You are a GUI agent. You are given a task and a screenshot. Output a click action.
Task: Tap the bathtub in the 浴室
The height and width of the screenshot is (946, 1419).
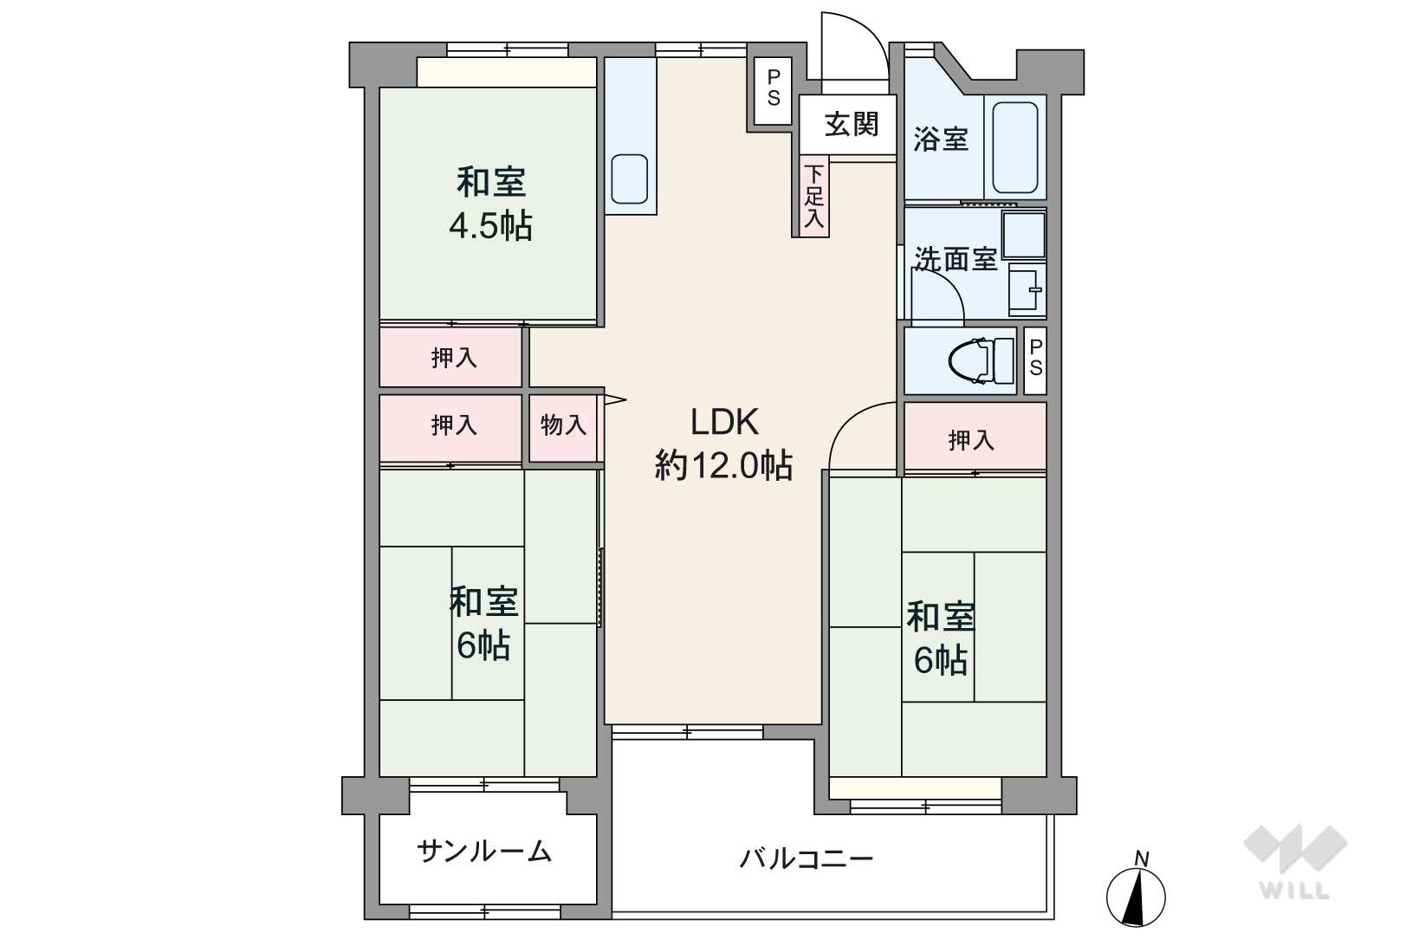coord(1014,147)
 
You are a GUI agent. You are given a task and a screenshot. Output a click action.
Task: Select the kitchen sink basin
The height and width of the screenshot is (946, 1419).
coord(629,178)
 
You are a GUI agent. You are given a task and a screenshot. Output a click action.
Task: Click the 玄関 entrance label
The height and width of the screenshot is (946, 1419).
coord(852,124)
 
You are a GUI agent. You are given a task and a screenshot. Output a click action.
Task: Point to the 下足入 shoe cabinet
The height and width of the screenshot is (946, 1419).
coord(814,197)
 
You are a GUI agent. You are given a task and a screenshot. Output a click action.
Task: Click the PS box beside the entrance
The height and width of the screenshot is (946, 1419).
coord(774,91)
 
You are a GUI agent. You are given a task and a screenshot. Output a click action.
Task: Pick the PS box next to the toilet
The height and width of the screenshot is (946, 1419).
coord(1035,360)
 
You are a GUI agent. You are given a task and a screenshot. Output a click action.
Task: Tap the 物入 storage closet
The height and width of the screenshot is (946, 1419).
coord(563,428)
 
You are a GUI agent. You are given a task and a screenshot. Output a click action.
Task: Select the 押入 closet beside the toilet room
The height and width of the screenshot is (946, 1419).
coord(975,437)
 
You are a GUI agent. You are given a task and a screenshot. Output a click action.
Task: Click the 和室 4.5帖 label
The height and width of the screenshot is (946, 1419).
coord(491,204)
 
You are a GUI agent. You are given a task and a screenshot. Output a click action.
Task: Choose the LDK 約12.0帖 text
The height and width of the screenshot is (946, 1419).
coord(724,444)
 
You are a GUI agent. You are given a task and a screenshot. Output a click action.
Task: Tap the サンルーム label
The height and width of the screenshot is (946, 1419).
coord(484,852)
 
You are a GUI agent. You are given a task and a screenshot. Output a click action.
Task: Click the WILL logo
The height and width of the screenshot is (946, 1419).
coord(1295,861)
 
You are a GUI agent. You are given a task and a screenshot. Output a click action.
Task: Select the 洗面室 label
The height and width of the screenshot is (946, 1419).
coord(956,258)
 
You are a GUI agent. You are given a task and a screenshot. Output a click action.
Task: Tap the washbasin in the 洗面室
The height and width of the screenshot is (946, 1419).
coord(1026,290)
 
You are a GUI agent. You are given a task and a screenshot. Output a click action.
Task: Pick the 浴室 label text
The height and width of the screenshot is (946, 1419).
coord(941,139)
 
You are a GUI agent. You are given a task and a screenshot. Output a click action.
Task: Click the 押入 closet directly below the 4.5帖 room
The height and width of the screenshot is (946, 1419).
coord(450,358)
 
